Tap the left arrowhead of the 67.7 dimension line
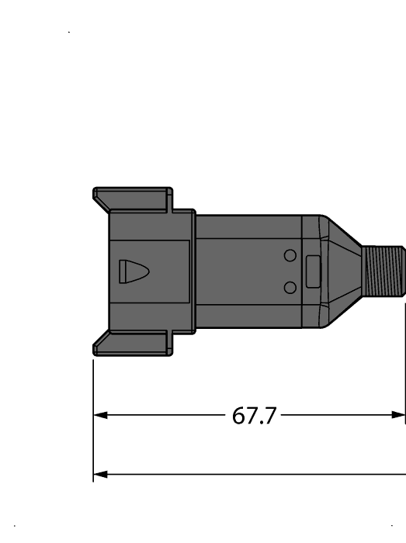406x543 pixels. point(99,415)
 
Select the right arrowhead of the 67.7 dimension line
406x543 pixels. point(400,415)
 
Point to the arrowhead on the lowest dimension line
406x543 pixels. point(99,474)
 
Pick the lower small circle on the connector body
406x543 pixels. point(290,288)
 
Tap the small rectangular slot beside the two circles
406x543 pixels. point(314,271)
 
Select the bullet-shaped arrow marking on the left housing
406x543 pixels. point(133,271)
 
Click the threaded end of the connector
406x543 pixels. point(384,271)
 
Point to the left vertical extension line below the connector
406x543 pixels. point(93,419)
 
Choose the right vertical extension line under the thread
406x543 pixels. point(404,372)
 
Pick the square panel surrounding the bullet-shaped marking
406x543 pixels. point(151,271)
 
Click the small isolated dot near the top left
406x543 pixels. point(70,33)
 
